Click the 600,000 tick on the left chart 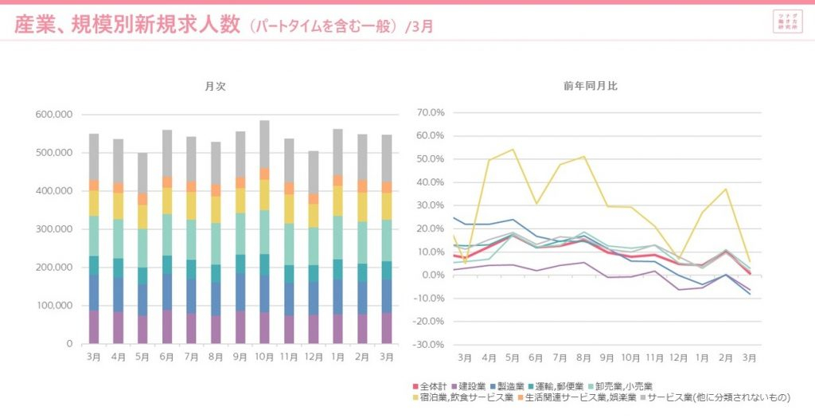pyautogui.click(x=54, y=115)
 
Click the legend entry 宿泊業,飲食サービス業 pyautogui.click(x=462, y=397)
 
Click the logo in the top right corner pyautogui.click(x=786, y=21)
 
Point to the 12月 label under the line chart pyautogui.click(x=679, y=357)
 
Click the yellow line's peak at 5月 pyautogui.click(x=512, y=150)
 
